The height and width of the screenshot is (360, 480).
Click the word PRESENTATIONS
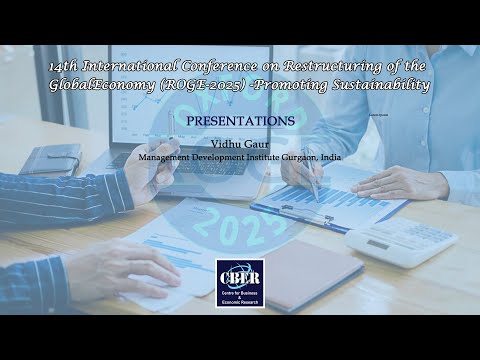(240, 121)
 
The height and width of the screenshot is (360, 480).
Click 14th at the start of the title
(63, 66)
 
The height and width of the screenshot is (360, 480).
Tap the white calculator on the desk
(401, 241)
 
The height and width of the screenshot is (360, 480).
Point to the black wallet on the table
(50, 159)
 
